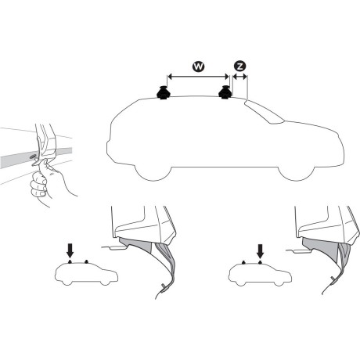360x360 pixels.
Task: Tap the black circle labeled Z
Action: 239,67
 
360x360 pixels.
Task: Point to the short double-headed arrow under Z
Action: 239,77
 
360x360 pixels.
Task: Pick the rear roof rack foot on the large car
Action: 166,94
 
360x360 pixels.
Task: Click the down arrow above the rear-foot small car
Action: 71,250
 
